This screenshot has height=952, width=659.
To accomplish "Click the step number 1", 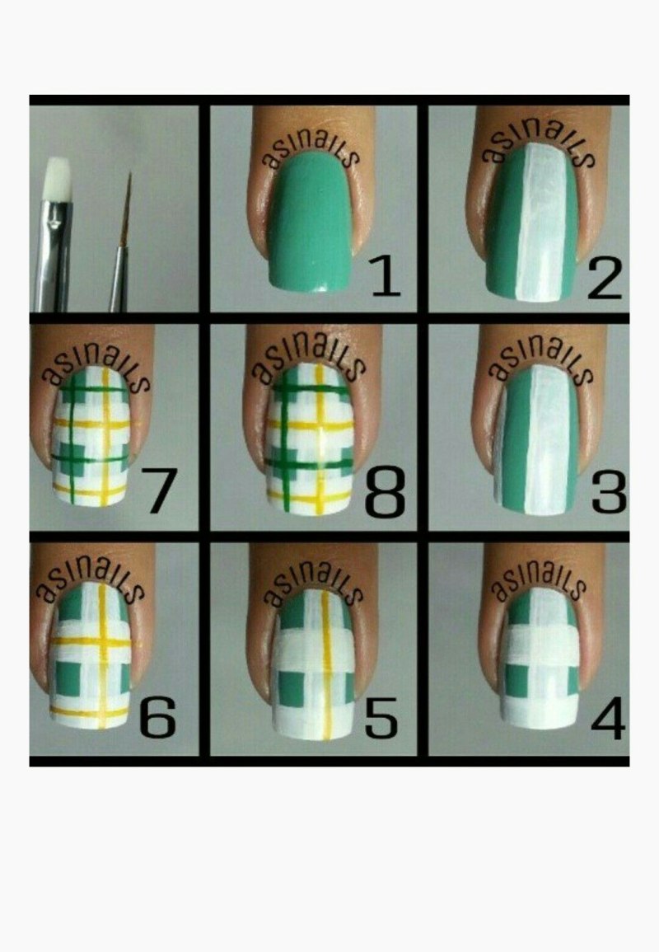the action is (386, 277).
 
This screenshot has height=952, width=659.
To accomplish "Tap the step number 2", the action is (605, 278).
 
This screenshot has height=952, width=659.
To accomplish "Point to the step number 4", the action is (608, 718).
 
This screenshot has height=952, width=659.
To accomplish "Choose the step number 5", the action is (381, 718).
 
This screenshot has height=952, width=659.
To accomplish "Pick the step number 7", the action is (159, 490).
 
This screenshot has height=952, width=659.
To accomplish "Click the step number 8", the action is (385, 492).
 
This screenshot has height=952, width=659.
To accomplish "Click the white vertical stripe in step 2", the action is (541, 223).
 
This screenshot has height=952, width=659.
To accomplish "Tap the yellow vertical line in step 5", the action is (326, 665).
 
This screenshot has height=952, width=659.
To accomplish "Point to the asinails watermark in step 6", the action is (90, 582).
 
